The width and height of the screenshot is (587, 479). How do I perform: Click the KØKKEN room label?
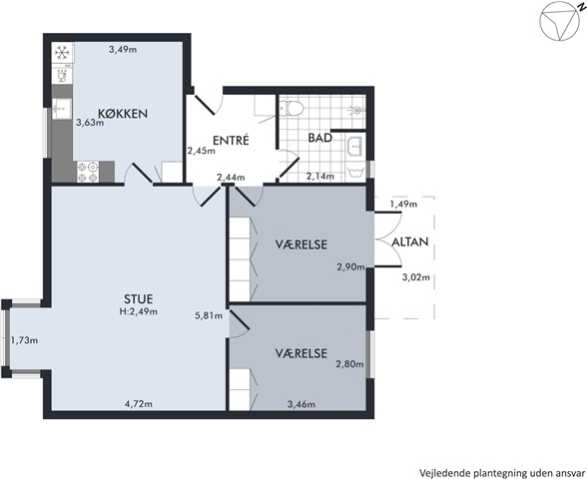point(123,114)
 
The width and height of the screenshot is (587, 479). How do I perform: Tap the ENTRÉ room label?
point(231,141)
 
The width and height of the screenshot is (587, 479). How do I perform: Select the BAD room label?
point(320,138)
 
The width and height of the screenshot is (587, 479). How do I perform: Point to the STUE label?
point(139,299)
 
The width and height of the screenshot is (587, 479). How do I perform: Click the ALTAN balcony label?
point(410,242)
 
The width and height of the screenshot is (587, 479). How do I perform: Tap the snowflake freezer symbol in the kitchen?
point(62,52)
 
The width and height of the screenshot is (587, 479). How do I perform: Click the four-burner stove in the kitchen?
point(88,172)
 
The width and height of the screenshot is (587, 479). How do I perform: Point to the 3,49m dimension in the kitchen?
point(123,49)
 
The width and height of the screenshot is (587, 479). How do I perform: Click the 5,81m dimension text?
point(209,315)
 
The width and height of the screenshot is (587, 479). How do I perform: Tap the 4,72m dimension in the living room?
point(139,404)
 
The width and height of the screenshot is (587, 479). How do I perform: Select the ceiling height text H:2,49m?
point(139,311)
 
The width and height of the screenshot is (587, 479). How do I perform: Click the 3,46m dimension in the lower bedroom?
point(301,404)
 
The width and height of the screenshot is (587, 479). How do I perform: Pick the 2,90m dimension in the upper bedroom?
point(350,266)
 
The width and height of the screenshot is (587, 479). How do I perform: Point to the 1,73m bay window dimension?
point(24,340)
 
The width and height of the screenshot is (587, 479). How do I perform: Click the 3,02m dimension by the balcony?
point(416,277)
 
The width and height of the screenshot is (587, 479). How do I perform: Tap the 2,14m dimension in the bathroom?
point(320,176)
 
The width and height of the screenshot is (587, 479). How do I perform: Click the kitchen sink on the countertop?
point(62,109)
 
